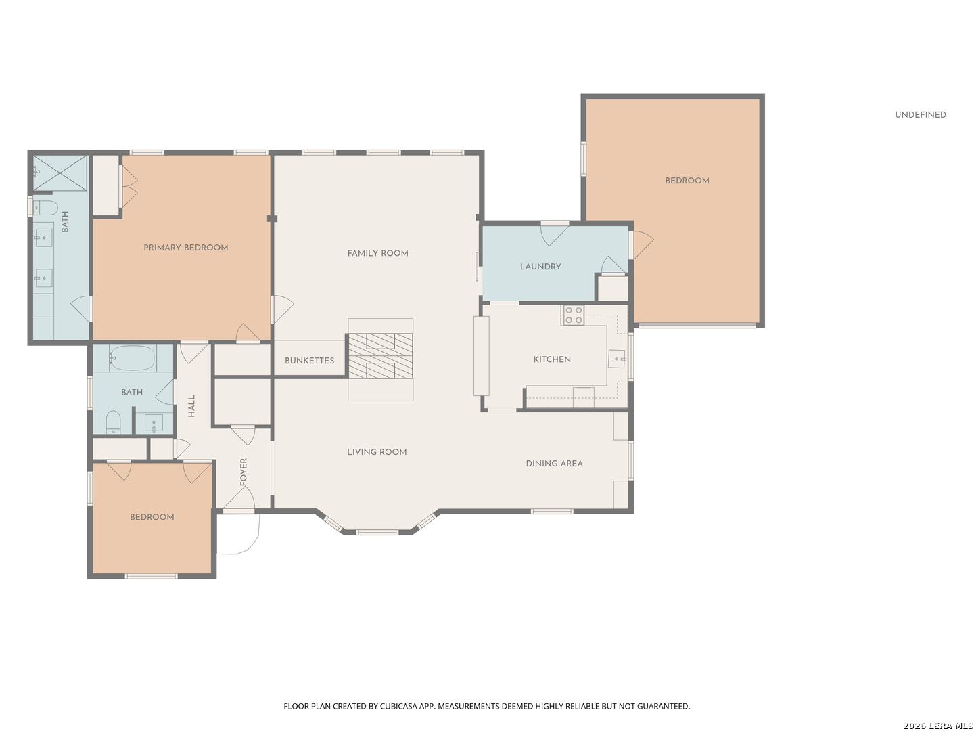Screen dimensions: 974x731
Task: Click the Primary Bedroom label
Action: (x=185, y=248)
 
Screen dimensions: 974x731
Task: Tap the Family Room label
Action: (x=377, y=253)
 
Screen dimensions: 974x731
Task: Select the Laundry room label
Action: (x=540, y=267)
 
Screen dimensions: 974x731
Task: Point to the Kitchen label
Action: (x=552, y=359)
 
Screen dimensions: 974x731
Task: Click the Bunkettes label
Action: (x=309, y=361)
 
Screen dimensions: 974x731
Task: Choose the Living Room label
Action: (x=377, y=452)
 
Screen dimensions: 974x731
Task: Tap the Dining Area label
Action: (x=554, y=464)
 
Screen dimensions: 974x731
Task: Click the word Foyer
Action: (x=243, y=472)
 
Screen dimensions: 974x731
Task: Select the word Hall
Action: (x=191, y=406)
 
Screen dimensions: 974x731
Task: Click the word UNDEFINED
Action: (x=921, y=115)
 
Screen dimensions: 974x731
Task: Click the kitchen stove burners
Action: (x=574, y=315)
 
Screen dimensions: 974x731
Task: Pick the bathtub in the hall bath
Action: (x=132, y=358)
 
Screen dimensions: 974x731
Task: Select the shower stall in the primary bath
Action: (x=60, y=173)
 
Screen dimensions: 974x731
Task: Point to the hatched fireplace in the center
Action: (x=380, y=356)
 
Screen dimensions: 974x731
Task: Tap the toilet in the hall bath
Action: (x=113, y=422)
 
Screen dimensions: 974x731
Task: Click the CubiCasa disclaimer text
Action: (x=487, y=706)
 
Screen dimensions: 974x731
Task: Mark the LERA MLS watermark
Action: (x=937, y=725)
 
